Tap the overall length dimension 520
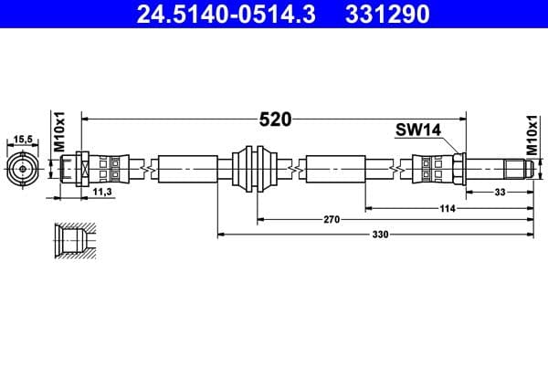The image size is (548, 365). tap(274, 120)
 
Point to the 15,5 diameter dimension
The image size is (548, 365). tap(23, 139)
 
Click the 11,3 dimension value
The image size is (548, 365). tap(103, 193)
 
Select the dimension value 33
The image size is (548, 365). tap(500, 193)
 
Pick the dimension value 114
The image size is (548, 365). tap(448, 209)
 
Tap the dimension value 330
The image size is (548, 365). tap(380, 235)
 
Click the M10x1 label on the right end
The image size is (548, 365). tap(533, 133)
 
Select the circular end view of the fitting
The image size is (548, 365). tap(23, 169)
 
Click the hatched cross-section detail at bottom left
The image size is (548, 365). tap(72, 243)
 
